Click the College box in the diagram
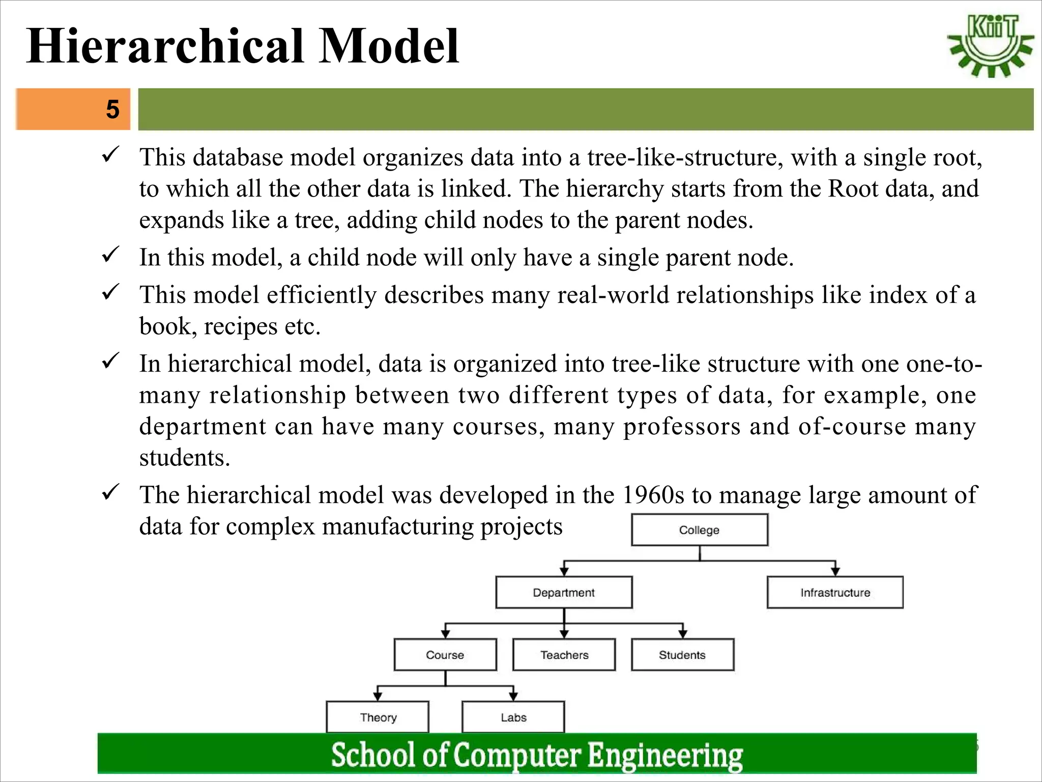coord(699,530)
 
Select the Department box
coord(564,593)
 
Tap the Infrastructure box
coord(835,593)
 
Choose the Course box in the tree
coord(445,655)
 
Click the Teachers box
coord(564,655)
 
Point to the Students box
coord(682,655)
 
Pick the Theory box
coord(378,717)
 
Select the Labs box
coord(513,717)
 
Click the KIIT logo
coord(990,46)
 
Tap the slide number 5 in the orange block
coord(112,109)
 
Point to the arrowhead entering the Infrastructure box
coord(835,572)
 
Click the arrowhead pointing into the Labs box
coord(513,696)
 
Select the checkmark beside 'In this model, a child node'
coord(110,254)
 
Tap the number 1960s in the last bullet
coord(653,495)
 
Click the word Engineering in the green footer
coord(665,755)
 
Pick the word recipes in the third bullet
coord(240,327)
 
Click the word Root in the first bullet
coord(853,189)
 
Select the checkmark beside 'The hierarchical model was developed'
coord(110,492)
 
